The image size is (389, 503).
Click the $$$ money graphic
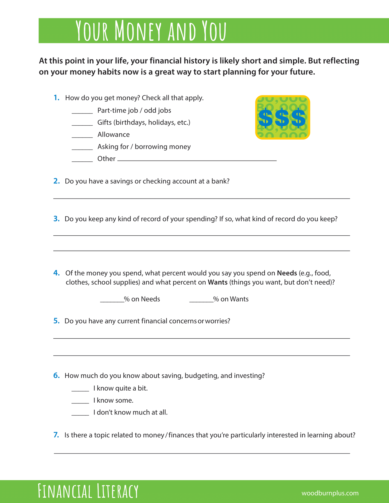(282, 117)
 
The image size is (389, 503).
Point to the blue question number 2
(56, 181)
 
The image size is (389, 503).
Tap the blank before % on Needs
(112, 301)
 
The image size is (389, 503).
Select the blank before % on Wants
(201, 301)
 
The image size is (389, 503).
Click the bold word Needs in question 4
(287, 273)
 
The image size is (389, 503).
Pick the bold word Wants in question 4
(218, 282)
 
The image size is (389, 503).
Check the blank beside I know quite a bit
(80, 390)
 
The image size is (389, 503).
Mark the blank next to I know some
(80, 402)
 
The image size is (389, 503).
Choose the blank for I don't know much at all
(80, 414)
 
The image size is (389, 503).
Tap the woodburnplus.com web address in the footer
(330, 493)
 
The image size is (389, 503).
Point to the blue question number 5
(56, 321)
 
